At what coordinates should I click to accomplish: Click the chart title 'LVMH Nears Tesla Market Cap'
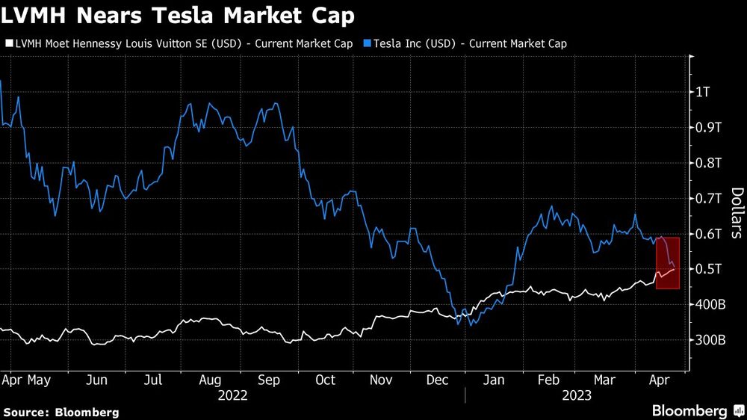[x=178, y=14]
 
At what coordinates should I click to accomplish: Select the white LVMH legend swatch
[x=7, y=43]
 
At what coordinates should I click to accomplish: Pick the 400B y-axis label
[x=711, y=304]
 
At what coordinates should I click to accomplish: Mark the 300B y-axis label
[x=711, y=340]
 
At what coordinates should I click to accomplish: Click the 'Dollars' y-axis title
[x=736, y=213]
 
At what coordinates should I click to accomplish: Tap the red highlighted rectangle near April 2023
[x=667, y=263]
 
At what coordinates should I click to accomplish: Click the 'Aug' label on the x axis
[x=209, y=380]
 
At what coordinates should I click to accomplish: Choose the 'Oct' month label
[x=325, y=380]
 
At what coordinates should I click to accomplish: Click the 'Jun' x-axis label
[x=96, y=380]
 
